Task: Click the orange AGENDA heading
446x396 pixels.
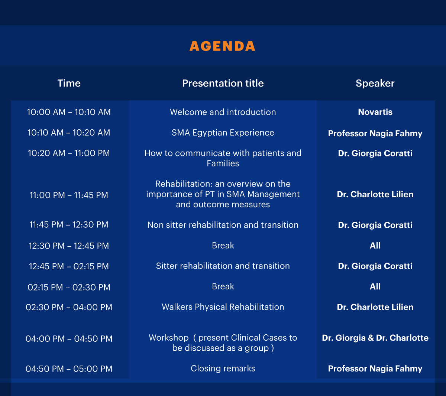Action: pos(222,46)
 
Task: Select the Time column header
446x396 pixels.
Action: pos(69,83)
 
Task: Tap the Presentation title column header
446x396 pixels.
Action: pos(223,83)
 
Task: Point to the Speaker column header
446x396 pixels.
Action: pos(375,84)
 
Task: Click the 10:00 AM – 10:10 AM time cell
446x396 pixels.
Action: pos(69,112)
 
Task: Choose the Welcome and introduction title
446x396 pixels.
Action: pos(223,112)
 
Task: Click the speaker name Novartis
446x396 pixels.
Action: pos(375,112)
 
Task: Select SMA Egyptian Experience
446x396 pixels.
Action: pos(223,133)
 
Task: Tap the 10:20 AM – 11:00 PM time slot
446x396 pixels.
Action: pos(69,153)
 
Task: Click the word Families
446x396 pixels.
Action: pos(223,163)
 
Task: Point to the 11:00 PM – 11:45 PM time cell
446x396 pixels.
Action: pos(69,195)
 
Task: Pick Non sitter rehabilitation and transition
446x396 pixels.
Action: pos(223,225)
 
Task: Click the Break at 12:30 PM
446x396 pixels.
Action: pos(223,246)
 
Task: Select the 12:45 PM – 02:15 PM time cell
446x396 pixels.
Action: pos(69,266)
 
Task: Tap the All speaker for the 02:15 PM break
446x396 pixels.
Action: pos(375,287)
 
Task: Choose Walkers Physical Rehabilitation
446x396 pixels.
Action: pos(223,307)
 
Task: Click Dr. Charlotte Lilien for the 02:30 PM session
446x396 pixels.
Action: pos(375,307)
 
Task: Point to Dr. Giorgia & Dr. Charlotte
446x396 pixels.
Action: pos(375,338)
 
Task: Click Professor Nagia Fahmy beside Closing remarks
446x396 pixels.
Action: pos(375,369)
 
